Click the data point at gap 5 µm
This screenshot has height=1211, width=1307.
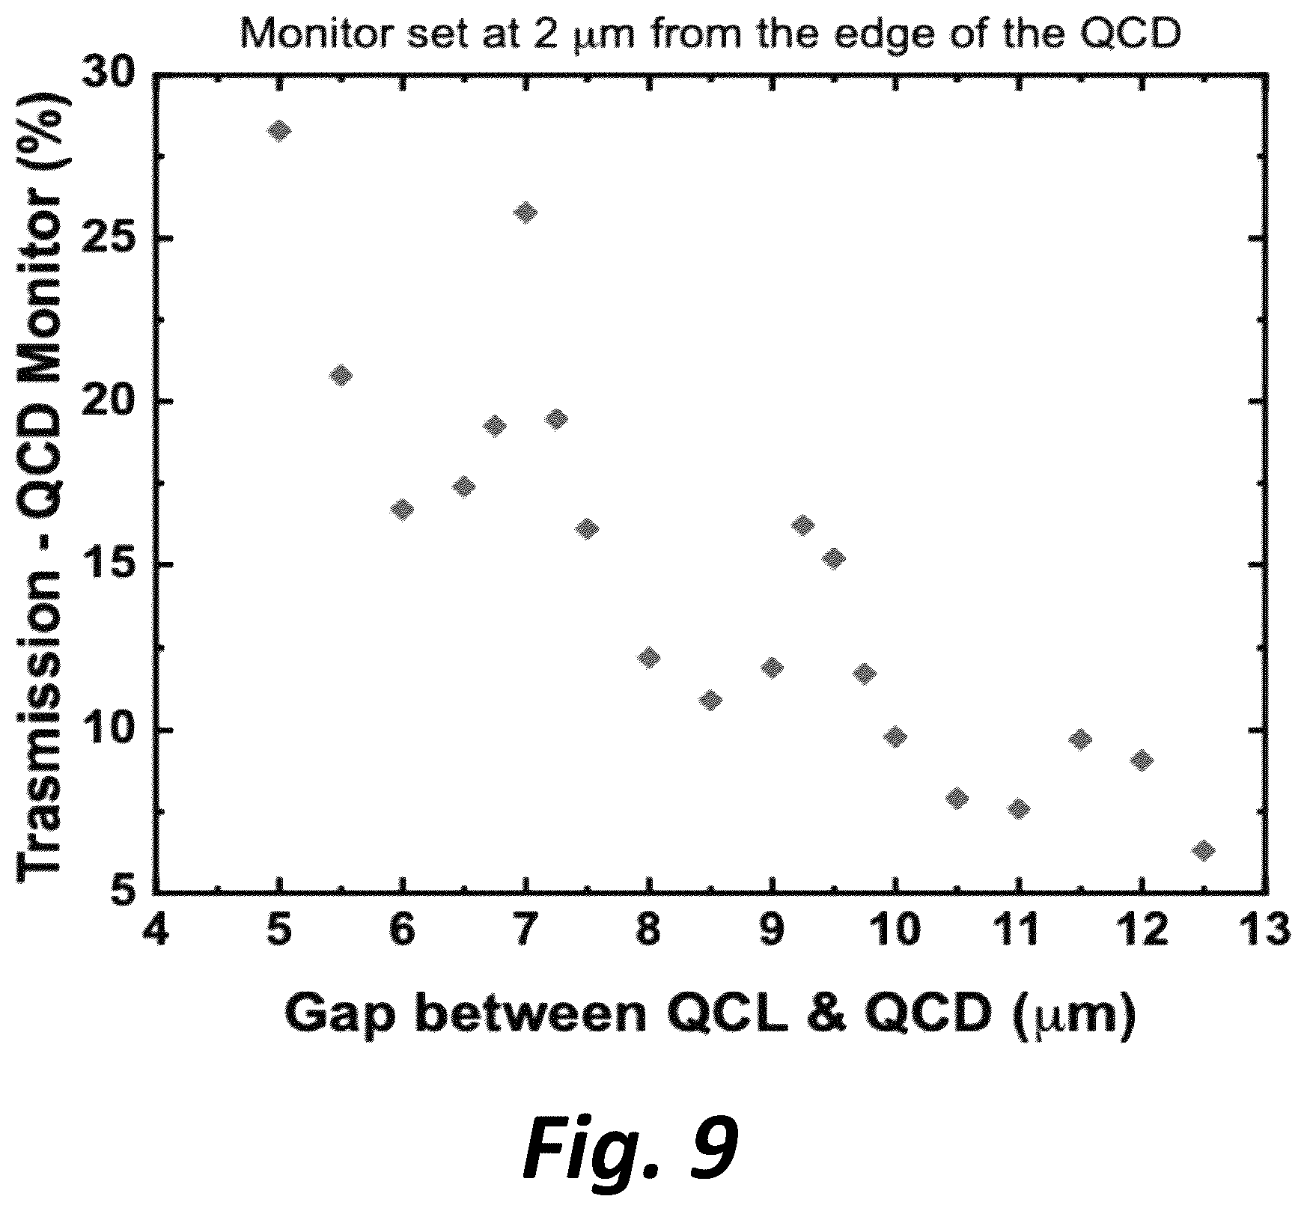[279, 131]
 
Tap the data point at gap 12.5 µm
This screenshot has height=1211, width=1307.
[1203, 850]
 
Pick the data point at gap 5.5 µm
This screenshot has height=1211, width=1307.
[341, 375]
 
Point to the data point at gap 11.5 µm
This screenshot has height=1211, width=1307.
[1079, 739]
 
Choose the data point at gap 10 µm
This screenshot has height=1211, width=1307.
[895, 736]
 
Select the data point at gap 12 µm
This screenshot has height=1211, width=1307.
[1141, 761]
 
